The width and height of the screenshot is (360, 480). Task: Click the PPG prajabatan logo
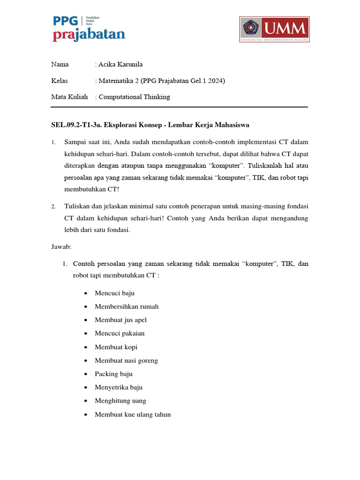click(x=89, y=29)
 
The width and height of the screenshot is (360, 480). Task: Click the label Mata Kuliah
click(x=69, y=97)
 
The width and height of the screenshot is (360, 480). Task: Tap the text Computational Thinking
click(x=134, y=97)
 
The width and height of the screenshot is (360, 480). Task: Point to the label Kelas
click(x=60, y=81)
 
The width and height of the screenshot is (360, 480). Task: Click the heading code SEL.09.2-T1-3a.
click(x=77, y=125)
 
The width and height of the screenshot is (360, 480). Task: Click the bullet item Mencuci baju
click(x=114, y=293)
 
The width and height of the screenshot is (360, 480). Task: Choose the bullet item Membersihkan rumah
click(x=127, y=307)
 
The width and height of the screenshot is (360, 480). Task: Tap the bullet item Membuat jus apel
click(x=120, y=320)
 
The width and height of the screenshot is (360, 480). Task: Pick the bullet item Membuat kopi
click(x=116, y=347)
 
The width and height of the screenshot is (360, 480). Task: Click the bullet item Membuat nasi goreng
click(x=126, y=360)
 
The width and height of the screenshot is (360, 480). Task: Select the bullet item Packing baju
click(x=113, y=374)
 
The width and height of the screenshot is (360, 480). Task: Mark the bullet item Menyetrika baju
click(x=119, y=388)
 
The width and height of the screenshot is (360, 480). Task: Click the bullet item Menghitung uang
click(x=120, y=401)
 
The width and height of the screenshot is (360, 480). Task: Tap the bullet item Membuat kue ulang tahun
click(x=133, y=414)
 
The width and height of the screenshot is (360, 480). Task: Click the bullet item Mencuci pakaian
click(x=120, y=334)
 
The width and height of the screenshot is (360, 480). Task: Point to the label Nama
click(x=60, y=64)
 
